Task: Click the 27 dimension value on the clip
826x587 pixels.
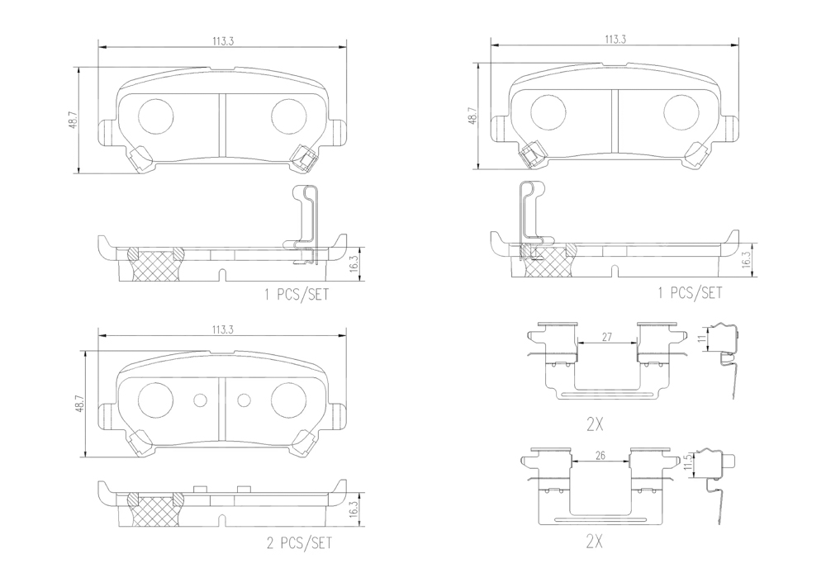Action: pyautogui.click(x=606, y=337)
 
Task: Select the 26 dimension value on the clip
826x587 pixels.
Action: pyautogui.click(x=600, y=456)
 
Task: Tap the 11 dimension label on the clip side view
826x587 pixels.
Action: pyautogui.click(x=701, y=338)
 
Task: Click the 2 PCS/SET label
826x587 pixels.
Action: pyautogui.click(x=299, y=542)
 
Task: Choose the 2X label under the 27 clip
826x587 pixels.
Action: pyautogui.click(x=594, y=424)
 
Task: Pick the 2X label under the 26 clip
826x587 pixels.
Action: pyautogui.click(x=594, y=542)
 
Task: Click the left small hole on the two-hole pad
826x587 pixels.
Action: pyautogui.click(x=201, y=400)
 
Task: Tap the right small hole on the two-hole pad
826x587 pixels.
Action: pyautogui.click(x=244, y=400)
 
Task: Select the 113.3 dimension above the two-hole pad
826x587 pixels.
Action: pyautogui.click(x=223, y=329)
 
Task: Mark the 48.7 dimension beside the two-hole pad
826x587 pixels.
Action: pyautogui.click(x=80, y=403)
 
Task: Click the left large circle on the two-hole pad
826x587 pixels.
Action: pyautogui.click(x=155, y=400)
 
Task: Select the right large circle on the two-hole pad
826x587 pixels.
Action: pyautogui.click(x=288, y=400)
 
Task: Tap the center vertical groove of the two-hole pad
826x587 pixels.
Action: pyautogui.click(x=222, y=409)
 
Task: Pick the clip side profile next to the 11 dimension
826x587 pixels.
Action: pyautogui.click(x=726, y=359)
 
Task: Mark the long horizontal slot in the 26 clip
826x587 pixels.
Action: pyautogui.click(x=600, y=519)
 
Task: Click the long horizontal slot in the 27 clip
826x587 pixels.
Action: pyautogui.click(x=606, y=394)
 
